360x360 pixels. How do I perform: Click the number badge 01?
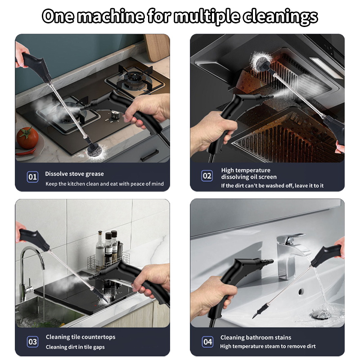(x=32, y=177)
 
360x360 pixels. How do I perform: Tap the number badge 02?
(x=207, y=176)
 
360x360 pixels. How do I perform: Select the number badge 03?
(x=32, y=342)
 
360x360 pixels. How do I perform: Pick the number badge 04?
(x=207, y=342)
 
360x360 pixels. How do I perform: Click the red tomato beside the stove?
(x=27, y=138)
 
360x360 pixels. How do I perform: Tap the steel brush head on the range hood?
(x=260, y=61)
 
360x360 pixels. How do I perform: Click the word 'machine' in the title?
(x=111, y=16)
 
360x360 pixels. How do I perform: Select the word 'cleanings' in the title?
(x=280, y=17)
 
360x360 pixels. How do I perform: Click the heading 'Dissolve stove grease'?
(x=74, y=174)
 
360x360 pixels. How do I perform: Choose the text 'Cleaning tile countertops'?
(x=81, y=337)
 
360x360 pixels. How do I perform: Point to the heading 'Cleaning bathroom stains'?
(x=256, y=337)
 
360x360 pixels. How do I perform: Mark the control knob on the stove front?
(x=115, y=115)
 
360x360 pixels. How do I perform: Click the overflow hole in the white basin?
(x=301, y=292)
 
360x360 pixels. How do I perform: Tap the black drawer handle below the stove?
(x=150, y=155)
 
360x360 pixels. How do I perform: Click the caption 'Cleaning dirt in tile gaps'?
(x=75, y=347)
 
